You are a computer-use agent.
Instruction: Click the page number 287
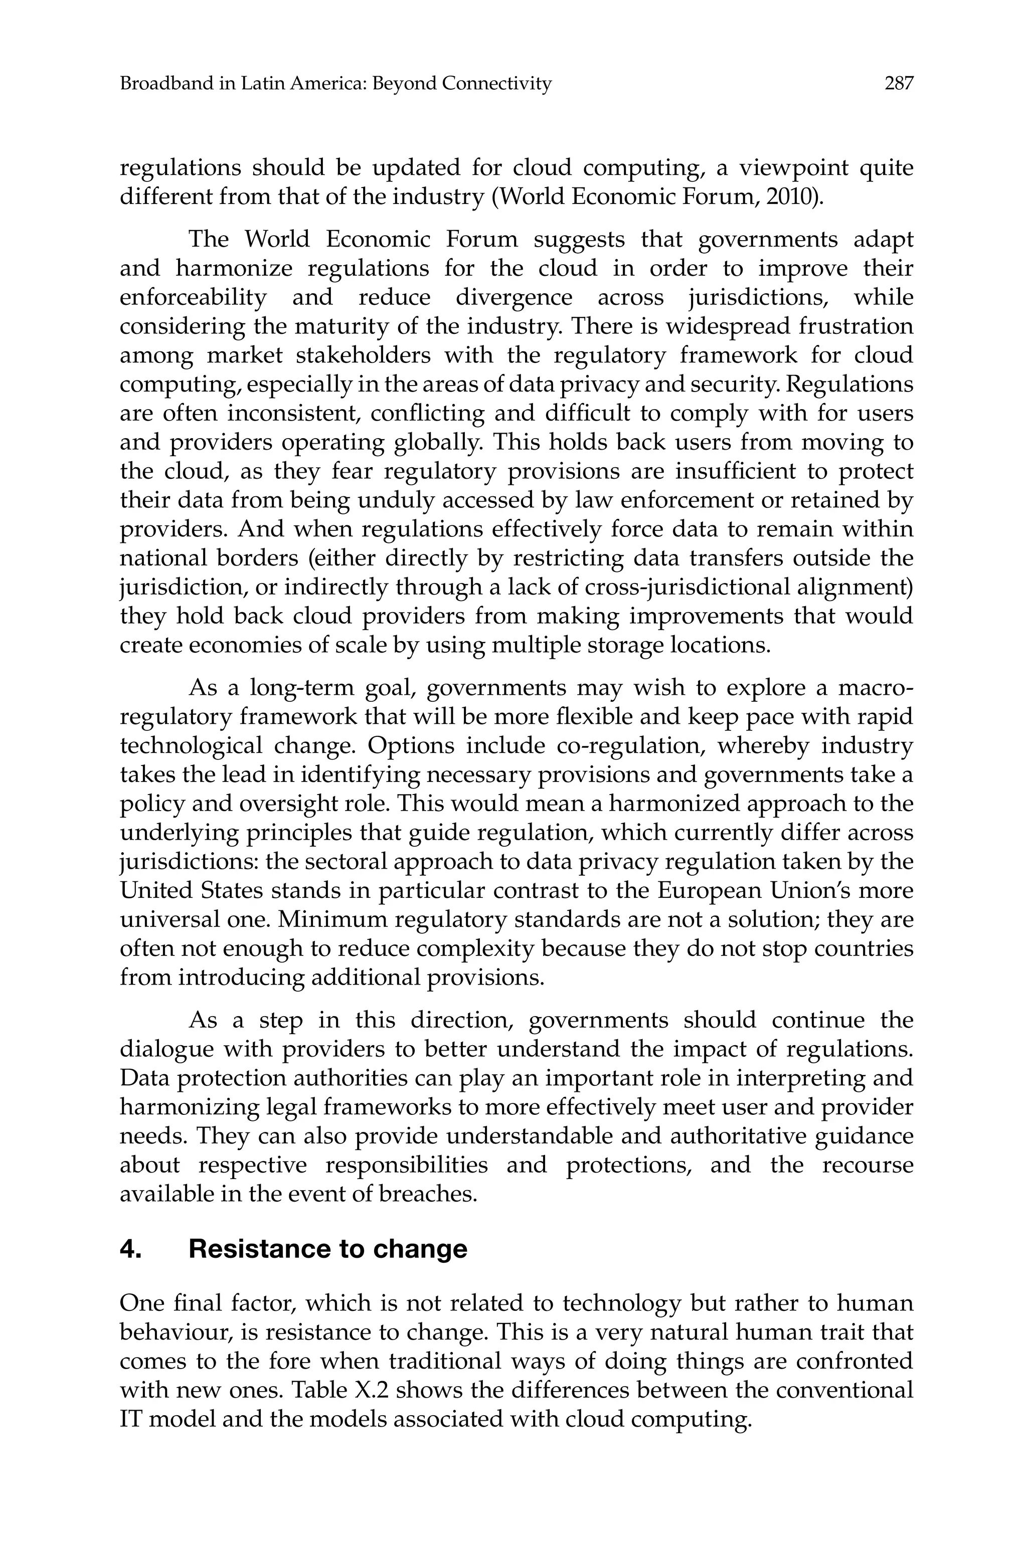(x=898, y=84)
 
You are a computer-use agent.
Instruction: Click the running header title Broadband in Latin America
(x=335, y=84)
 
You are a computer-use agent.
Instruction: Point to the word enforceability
(x=193, y=297)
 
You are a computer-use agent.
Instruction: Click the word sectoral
(x=340, y=862)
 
